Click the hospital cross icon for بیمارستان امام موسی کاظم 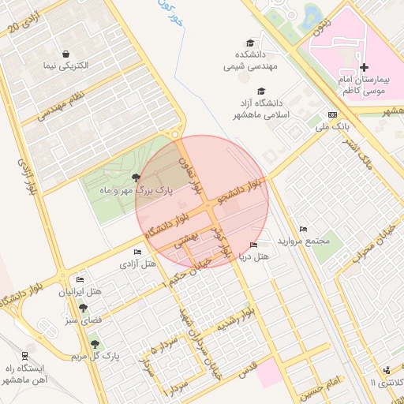(364, 68)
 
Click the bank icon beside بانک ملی (332, 114)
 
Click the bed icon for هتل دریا (252, 245)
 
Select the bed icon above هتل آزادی (138, 252)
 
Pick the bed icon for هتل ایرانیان (79, 279)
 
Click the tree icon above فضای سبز (83, 309)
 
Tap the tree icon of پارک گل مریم (95, 344)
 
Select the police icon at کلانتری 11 (385, 370)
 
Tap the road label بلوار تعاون (194, 175)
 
